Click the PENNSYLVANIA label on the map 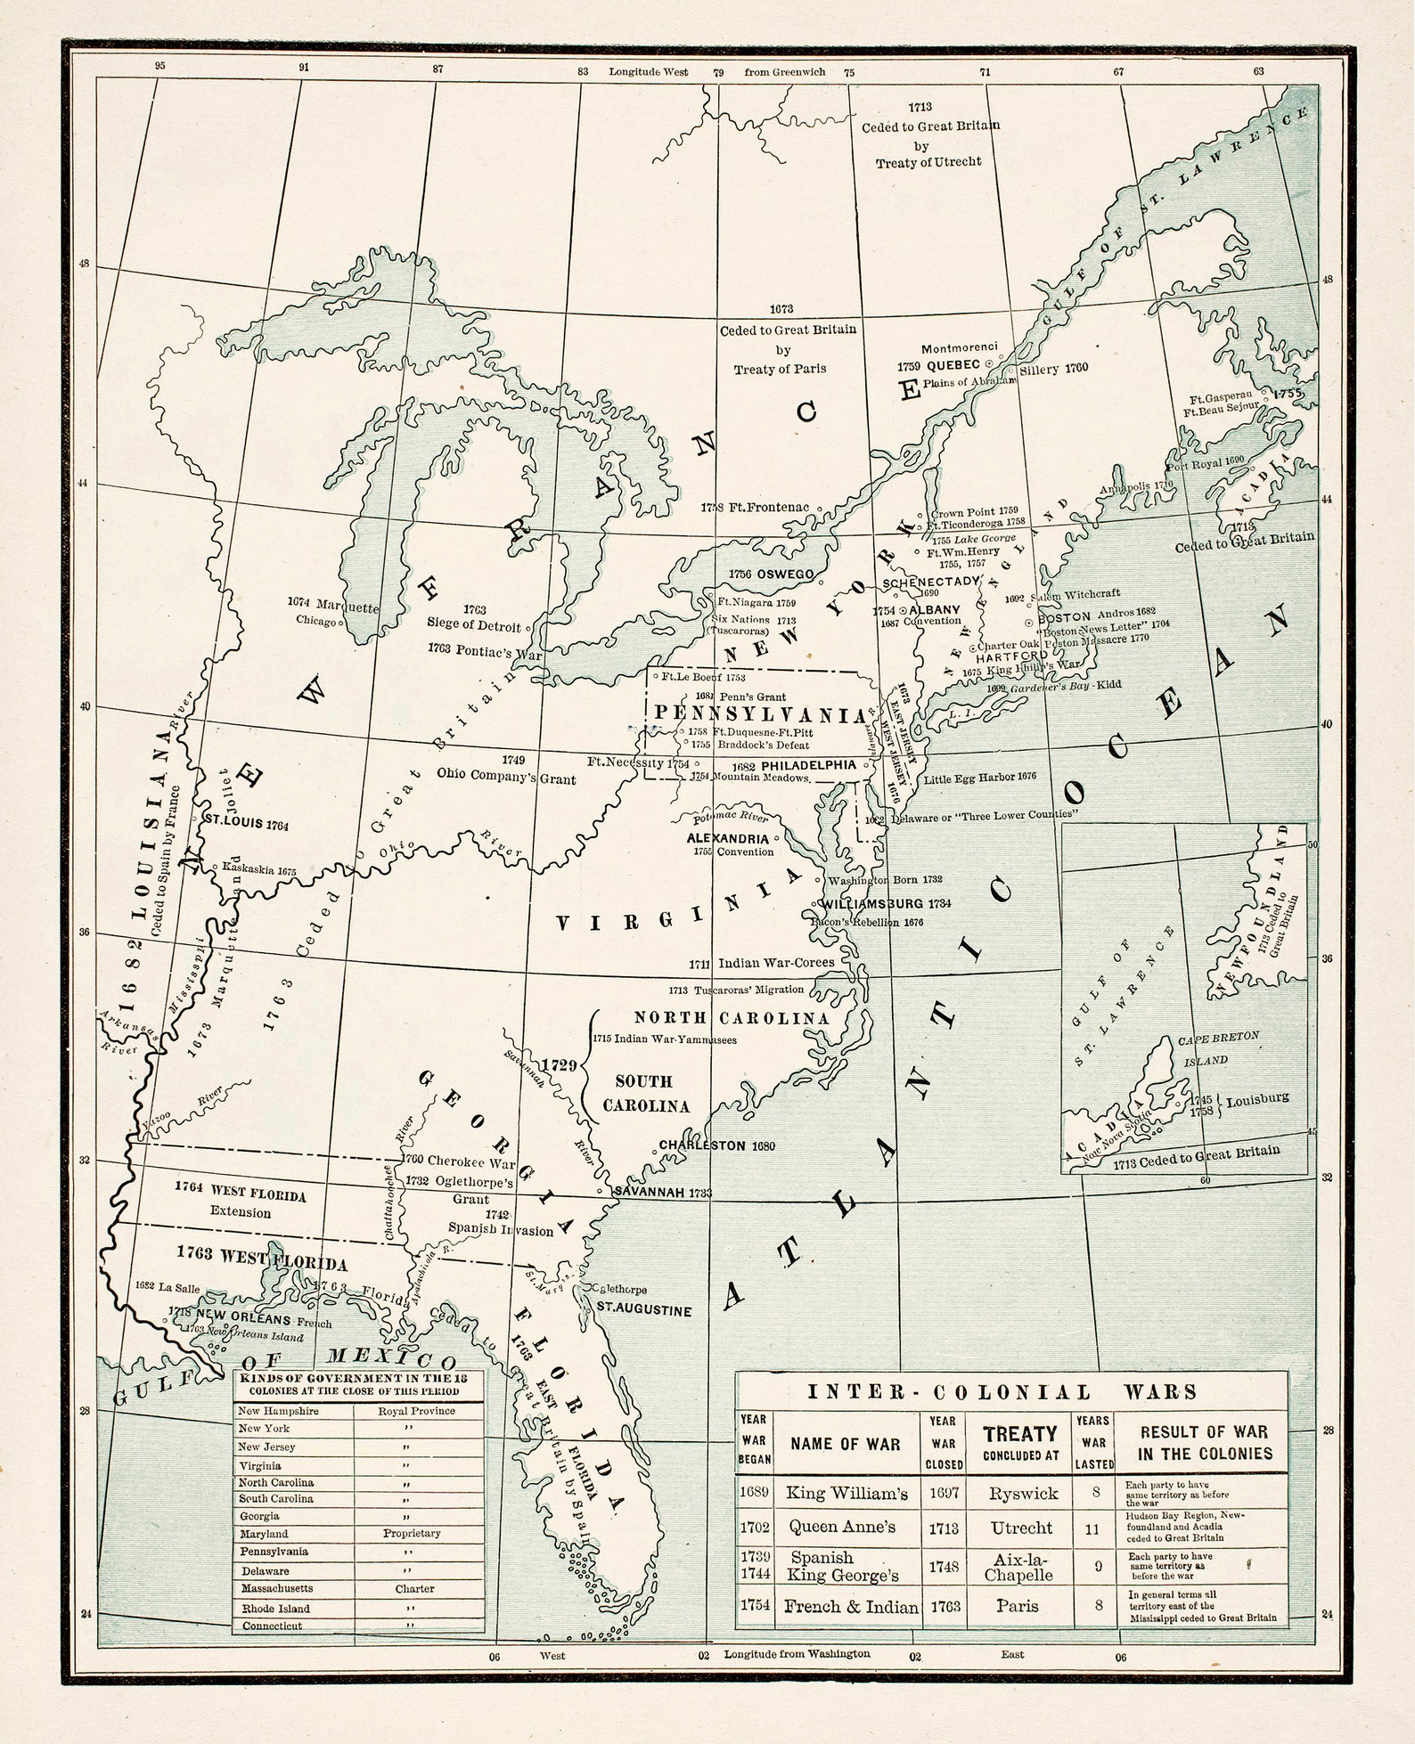pos(759,714)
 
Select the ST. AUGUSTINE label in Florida pos(643,1310)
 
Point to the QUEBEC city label pos(952,364)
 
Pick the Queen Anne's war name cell pos(842,1527)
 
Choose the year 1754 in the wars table pos(754,1607)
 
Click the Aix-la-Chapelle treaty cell pos(1020,1566)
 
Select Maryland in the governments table pos(264,1534)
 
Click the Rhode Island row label pos(274,1609)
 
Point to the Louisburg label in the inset pos(1256,1099)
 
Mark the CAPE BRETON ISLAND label pos(1217,1049)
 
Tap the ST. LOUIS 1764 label pos(247,824)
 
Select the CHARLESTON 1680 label pos(716,1145)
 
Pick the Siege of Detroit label pos(473,625)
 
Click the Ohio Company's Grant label pos(505,778)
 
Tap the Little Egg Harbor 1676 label pos(979,777)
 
